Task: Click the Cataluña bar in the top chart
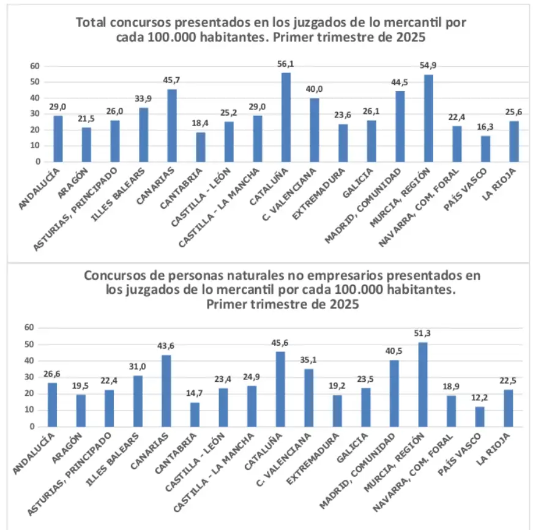click(286, 117)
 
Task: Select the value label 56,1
click(286, 64)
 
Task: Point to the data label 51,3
click(422, 334)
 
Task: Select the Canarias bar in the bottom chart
click(166, 390)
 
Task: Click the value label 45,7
click(172, 81)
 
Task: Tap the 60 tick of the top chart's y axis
click(35, 66)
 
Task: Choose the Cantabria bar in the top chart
click(201, 147)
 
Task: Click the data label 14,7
click(195, 394)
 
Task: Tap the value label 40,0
click(315, 89)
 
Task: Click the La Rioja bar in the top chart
click(513, 141)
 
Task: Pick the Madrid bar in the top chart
click(400, 126)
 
